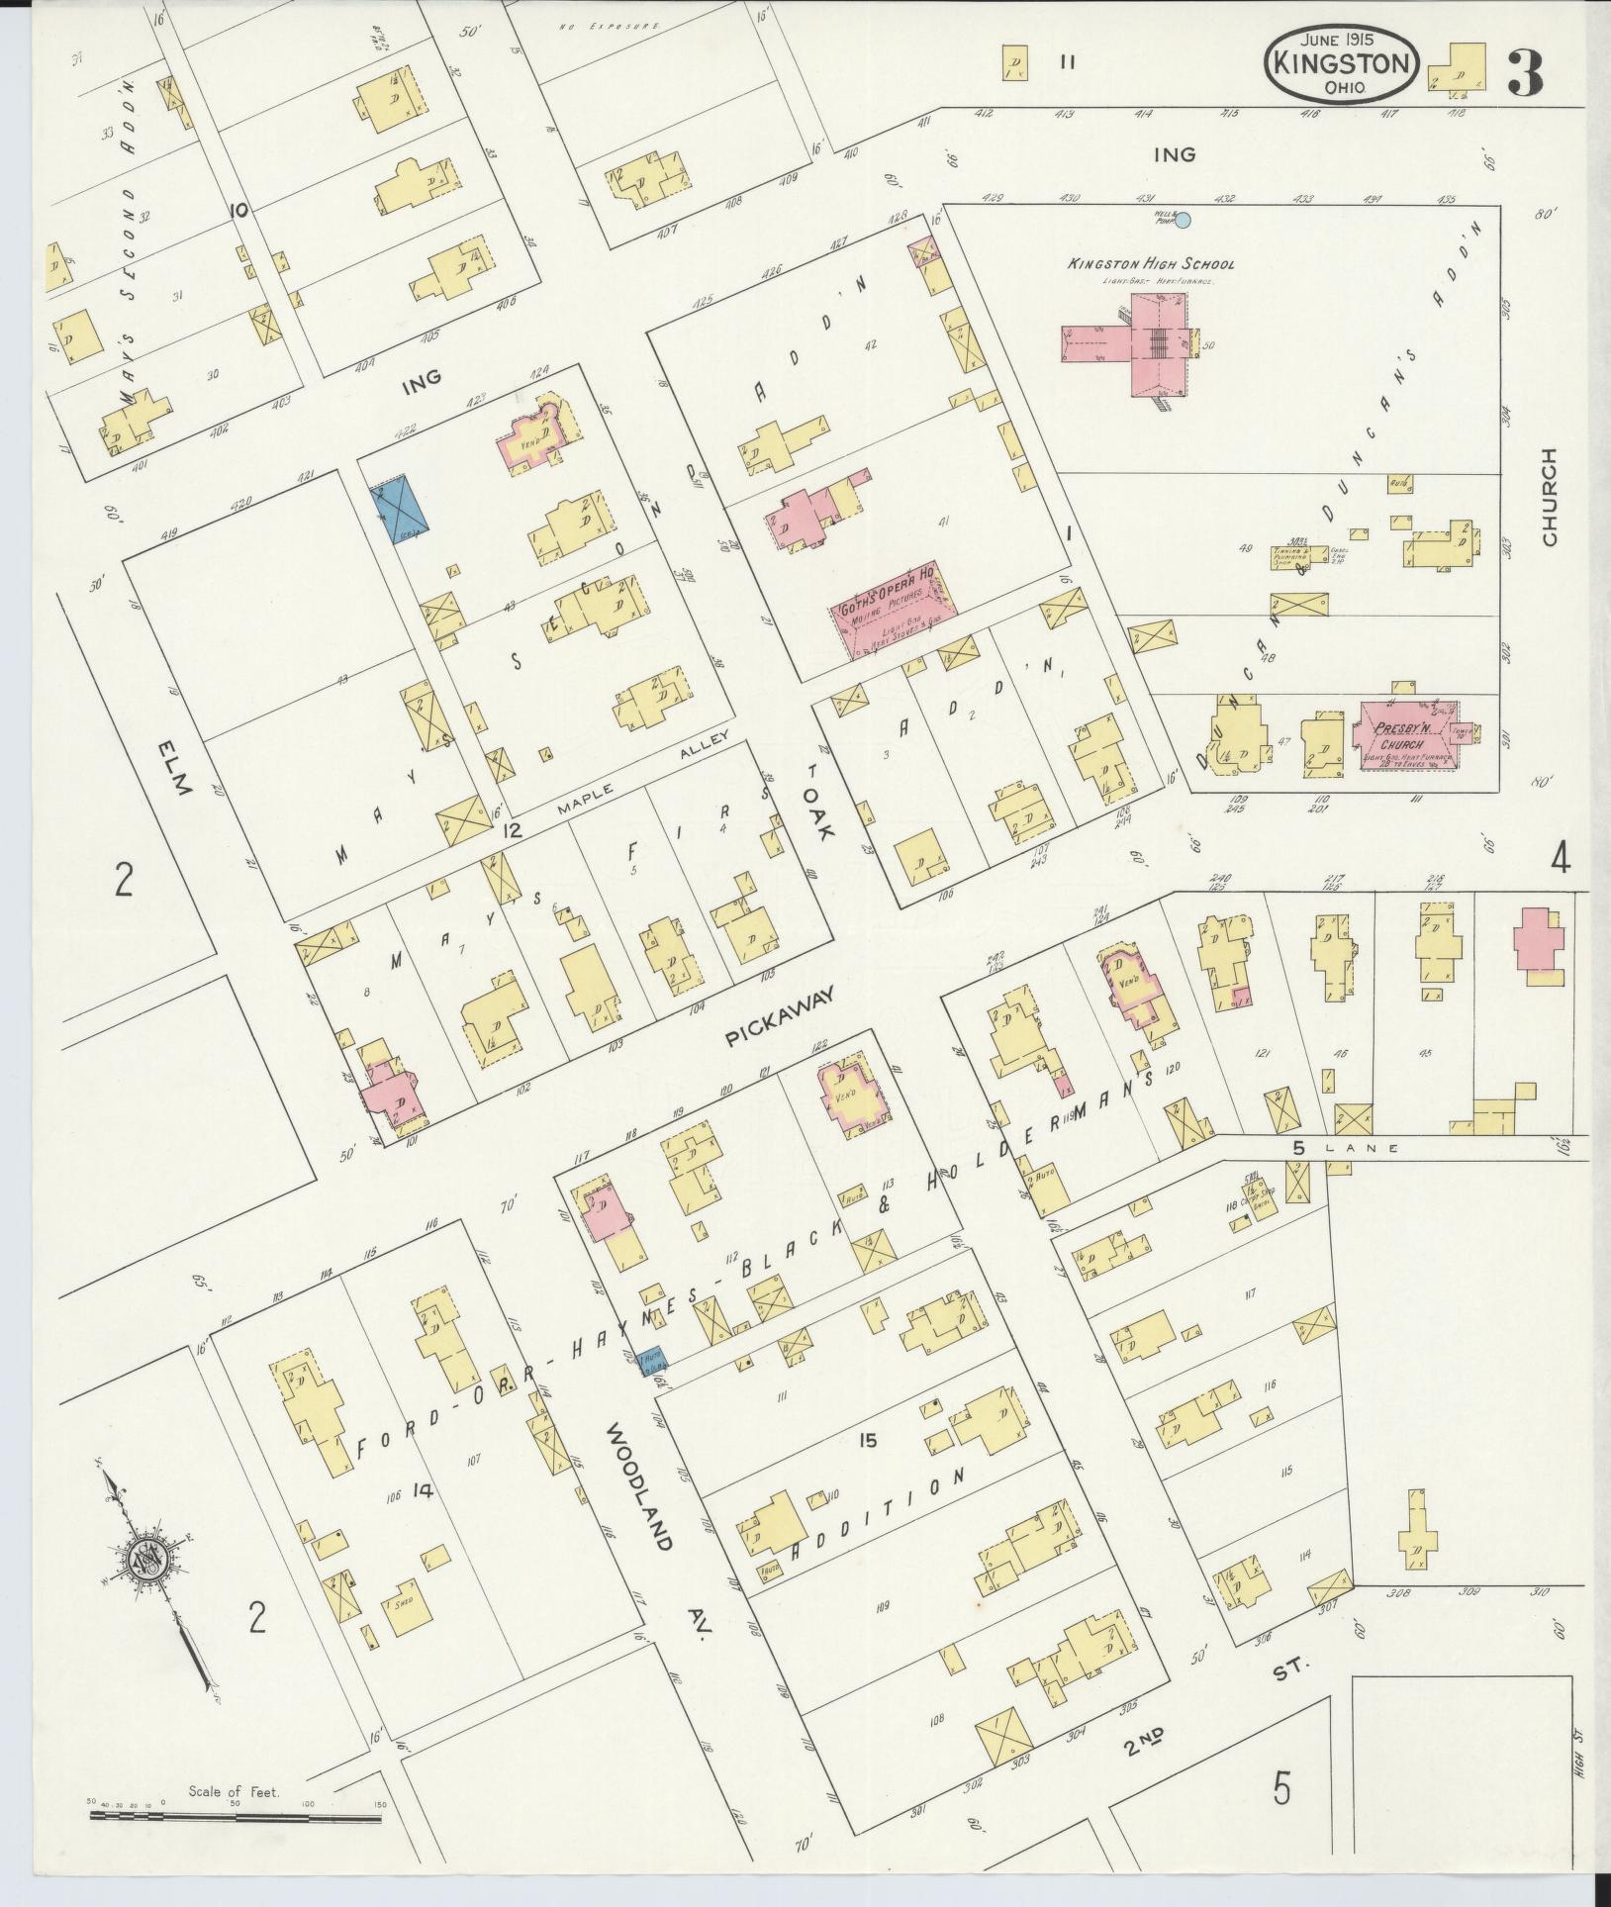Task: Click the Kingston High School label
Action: click(x=1149, y=264)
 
